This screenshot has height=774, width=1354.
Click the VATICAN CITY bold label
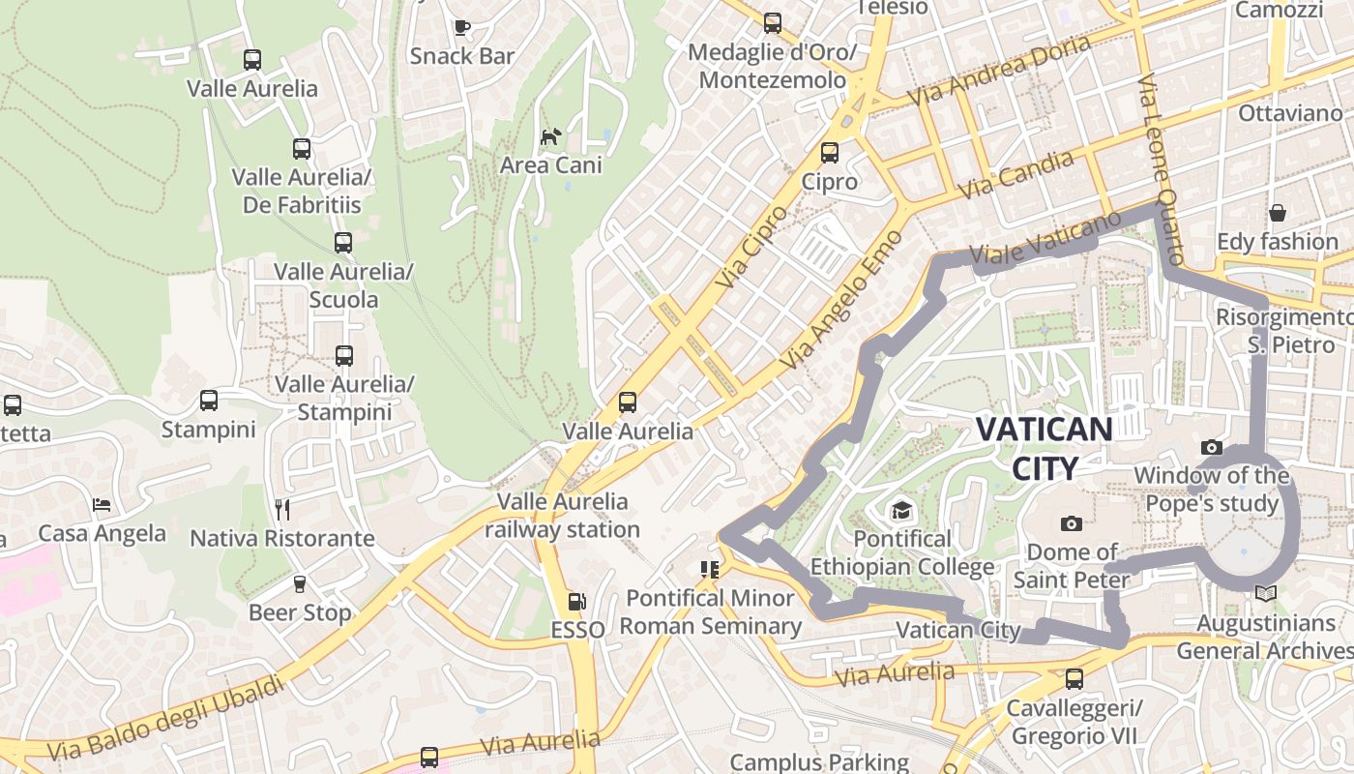click(1044, 448)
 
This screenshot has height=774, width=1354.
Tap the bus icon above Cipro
click(829, 152)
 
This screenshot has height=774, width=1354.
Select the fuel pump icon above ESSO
click(576, 602)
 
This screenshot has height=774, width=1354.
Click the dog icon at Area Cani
click(549, 136)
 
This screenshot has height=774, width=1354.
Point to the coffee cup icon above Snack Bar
click(461, 26)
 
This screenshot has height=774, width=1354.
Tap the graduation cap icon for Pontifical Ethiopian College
click(901, 509)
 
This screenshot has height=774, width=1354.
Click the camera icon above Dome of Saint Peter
click(1071, 523)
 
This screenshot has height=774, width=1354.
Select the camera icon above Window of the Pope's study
click(1211, 447)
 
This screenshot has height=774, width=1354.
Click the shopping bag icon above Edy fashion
click(1277, 213)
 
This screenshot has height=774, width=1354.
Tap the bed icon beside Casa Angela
click(102, 504)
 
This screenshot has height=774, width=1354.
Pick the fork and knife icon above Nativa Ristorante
click(282, 508)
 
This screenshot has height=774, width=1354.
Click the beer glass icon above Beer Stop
click(299, 583)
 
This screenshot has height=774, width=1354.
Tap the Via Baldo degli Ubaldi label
click(166, 718)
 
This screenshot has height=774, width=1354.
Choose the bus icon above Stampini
click(208, 401)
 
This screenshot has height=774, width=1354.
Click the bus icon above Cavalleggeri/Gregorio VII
click(1074, 679)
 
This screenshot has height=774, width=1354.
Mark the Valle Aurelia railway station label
click(562, 516)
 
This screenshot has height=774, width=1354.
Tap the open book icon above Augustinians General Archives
click(1265, 594)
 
